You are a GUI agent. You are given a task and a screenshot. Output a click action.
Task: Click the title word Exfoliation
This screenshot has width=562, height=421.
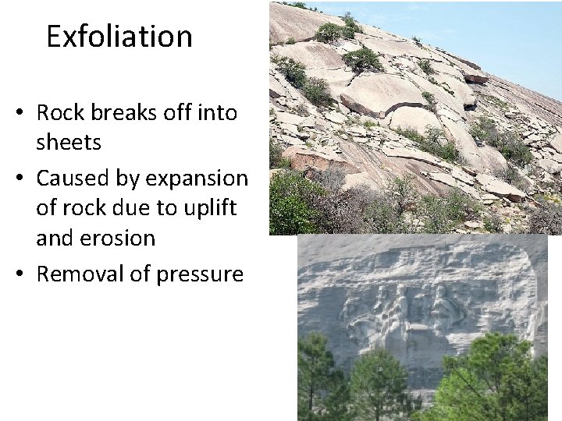coord(119,37)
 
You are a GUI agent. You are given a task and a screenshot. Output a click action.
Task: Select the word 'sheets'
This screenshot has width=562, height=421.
coord(69,143)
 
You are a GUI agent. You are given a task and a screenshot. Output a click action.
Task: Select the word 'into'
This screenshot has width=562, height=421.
coord(219,113)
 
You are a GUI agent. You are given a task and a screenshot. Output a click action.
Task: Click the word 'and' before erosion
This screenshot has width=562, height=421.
coord(54,239)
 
